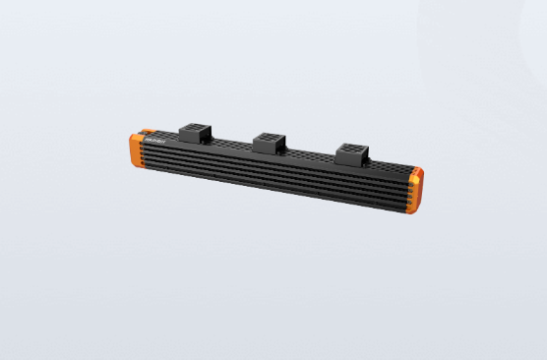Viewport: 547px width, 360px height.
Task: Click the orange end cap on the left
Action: click(136, 150)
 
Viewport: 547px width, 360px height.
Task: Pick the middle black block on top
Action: click(270, 143)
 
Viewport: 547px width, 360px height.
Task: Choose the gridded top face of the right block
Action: click(349, 148)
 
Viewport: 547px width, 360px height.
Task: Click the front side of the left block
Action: click(191, 140)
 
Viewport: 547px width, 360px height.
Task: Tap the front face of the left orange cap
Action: click(134, 153)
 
